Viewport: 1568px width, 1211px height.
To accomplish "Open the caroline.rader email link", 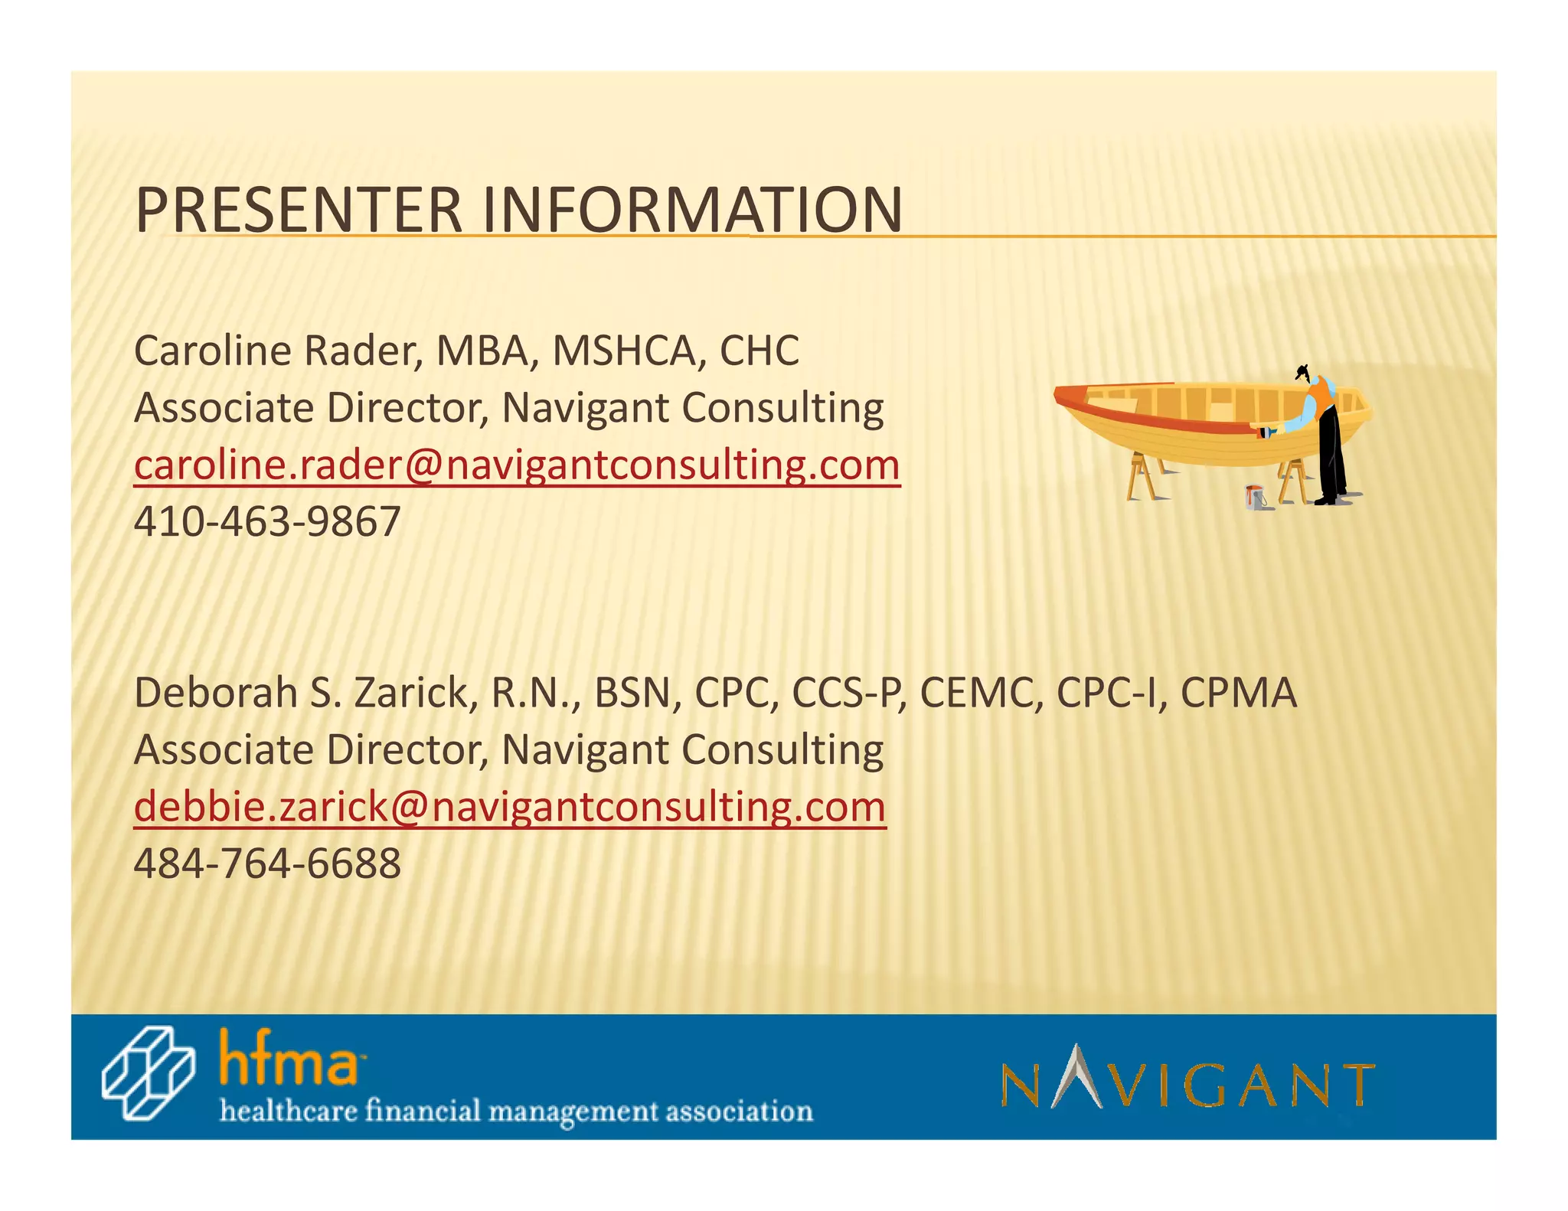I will (517, 465).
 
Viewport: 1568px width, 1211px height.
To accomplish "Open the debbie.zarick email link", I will (510, 807).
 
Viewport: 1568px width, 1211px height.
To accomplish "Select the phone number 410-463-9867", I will (267, 522).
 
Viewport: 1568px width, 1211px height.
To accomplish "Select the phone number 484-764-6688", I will (267, 863).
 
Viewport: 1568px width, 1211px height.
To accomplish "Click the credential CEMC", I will (981, 693).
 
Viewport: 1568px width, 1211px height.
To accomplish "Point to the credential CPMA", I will (1238, 693).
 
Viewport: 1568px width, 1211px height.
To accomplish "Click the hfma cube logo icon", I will (148, 1072).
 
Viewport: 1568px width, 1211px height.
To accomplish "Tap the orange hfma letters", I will (288, 1059).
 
